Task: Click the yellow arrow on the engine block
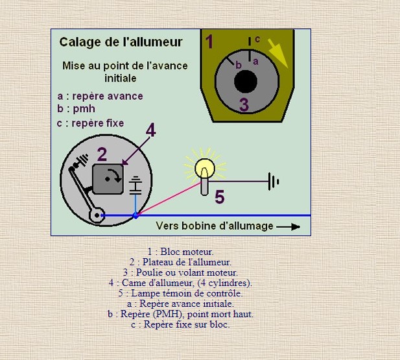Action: point(278,54)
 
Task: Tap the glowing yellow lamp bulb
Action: point(205,168)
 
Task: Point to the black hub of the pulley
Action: point(246,82)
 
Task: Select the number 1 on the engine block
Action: point(209,42)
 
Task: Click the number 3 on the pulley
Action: point(244,104)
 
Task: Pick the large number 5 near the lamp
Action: point(220,197)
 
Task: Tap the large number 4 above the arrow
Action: point(151,130)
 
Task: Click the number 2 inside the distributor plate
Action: point(102,154)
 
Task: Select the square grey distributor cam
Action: point(108,179)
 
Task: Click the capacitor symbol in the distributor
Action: point(135,186)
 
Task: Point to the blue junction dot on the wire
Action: point(135,216)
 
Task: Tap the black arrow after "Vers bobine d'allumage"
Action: point(288,226)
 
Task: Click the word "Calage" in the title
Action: point(80,42)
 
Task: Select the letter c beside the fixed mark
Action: point(257,39)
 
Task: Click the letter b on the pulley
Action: point(239,65)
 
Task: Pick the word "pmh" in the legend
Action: point(84,109)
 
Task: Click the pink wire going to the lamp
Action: point(169,198)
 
